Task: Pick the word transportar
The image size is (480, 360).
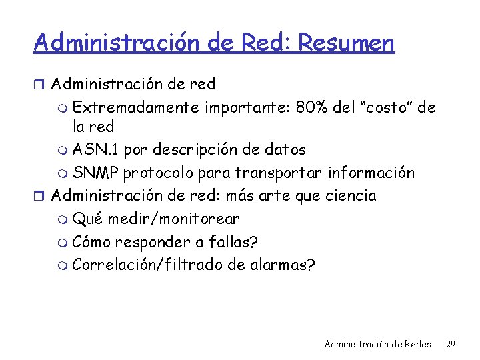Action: click(278, 173)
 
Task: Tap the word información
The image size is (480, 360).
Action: click(373, 173)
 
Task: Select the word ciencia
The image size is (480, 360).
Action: click(351, 196)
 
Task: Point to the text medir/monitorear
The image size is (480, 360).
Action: click(173, 219)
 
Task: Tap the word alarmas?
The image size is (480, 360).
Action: click(282, 264)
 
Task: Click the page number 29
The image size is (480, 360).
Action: click(450, 345)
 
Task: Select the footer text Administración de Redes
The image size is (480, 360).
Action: click(378, 345)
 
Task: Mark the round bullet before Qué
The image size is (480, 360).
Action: click(63, 219)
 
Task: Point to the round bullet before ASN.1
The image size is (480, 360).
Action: click(63, 151)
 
